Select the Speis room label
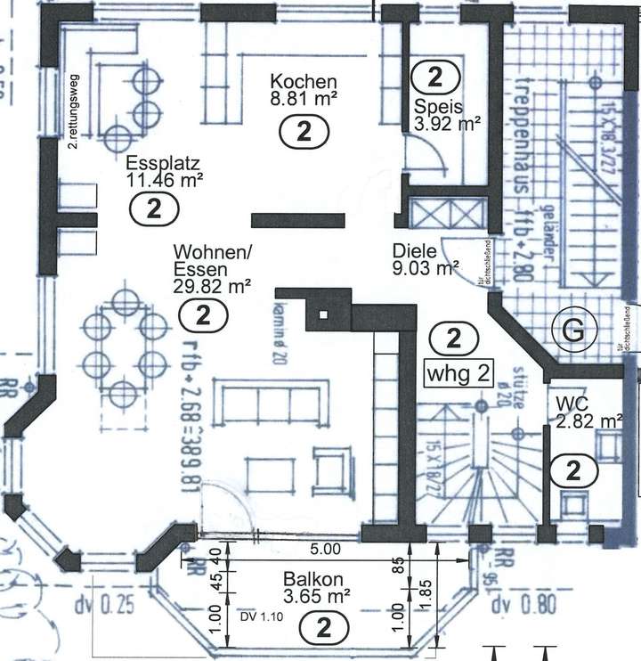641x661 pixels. point(432,107)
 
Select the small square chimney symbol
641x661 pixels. point(323,314)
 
